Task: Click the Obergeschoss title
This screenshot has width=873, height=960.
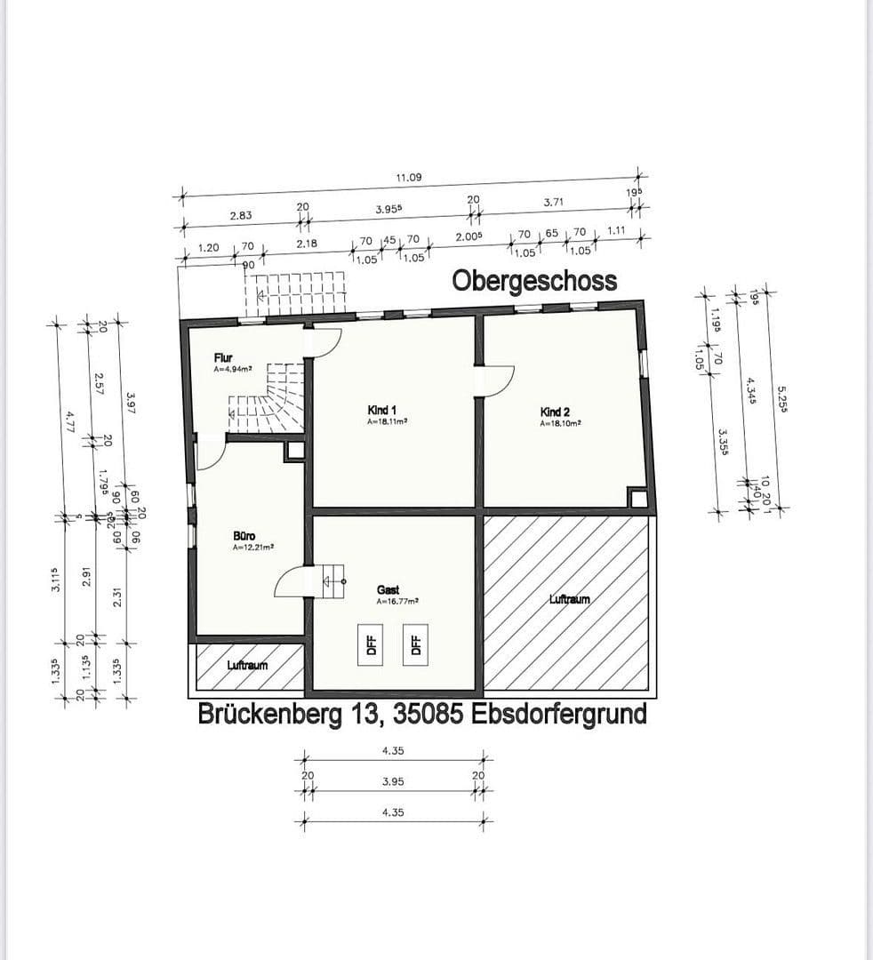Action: click(533, 281)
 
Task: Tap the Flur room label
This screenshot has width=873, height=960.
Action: click(223, 357)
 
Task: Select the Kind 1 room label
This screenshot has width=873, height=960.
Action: click(382, 410)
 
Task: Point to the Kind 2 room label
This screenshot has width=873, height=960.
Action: click(556, 412)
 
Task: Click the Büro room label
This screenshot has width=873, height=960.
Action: click(244, 536)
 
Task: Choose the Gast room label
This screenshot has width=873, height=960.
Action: click(388, 589)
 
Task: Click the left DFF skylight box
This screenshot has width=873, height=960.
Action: click(372, 644)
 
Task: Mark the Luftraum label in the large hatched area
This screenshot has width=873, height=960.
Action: click(569, 599)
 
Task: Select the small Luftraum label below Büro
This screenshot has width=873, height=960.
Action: click(247, 665)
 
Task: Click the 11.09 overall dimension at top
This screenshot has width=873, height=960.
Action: click(409, 178)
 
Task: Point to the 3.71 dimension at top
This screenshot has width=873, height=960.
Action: click(554, 204)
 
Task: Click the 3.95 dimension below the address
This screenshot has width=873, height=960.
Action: click(393, 782)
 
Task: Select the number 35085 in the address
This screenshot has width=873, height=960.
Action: click(415, 714)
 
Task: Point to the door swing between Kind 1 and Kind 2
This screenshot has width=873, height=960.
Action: click(493, 380)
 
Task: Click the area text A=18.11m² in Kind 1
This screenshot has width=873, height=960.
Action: click(387, 422)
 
